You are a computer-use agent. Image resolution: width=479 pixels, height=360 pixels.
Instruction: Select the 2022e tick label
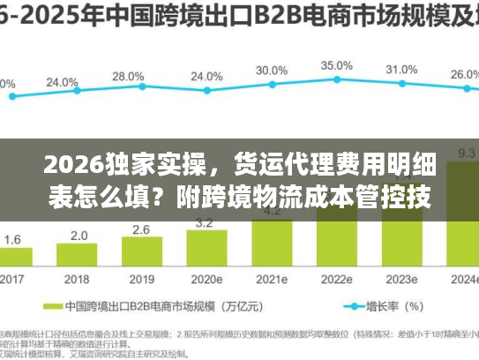point(337,279)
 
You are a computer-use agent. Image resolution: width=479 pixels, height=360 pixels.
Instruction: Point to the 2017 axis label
point(13,279)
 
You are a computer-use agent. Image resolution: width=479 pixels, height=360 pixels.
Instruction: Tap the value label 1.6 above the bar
point(13,239)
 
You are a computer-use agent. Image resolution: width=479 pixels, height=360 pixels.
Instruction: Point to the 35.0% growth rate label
point(337,65)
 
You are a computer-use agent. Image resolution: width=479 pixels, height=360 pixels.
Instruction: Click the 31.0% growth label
point(401,70)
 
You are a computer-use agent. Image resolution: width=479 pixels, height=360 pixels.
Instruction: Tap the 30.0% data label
point(272,71)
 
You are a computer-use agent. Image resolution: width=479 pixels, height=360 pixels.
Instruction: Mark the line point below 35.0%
point(337,80)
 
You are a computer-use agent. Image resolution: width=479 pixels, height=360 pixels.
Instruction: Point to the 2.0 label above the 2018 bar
point(79,235)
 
